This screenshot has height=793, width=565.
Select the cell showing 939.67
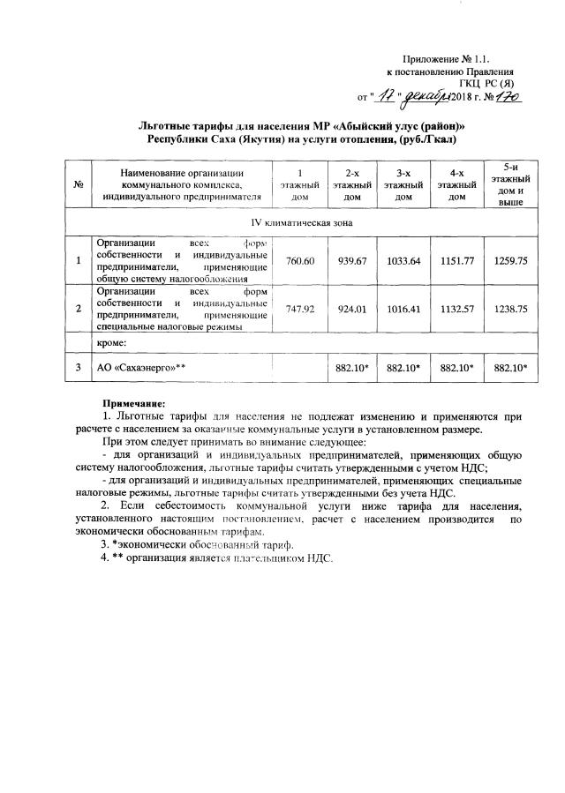tap(352, 261)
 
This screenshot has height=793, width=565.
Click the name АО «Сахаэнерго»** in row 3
tap(141, 366)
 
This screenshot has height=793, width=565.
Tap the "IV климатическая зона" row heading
tap(304, 222)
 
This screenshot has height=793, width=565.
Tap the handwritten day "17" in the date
tap(388, 94)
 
